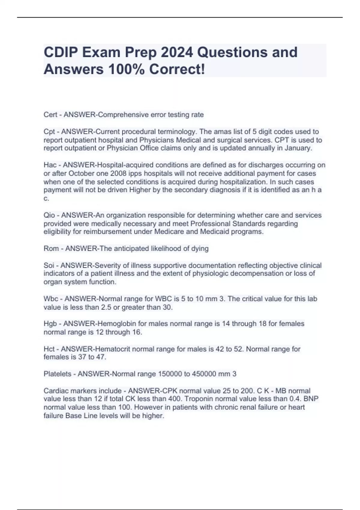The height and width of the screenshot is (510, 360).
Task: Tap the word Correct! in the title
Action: point(177,69)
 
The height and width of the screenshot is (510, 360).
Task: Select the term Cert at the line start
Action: point(50,115)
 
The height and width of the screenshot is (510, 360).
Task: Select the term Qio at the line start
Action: point(49,215)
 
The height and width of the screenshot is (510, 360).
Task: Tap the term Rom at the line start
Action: point(51,248)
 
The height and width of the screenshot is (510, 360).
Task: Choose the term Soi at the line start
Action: point(49,265)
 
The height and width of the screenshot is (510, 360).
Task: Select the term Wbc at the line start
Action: point(51,299)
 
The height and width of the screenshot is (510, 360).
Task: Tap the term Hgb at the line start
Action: point(50,324)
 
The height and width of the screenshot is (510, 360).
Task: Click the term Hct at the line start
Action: point(49,349)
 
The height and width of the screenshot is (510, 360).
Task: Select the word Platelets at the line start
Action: point(57,374)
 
